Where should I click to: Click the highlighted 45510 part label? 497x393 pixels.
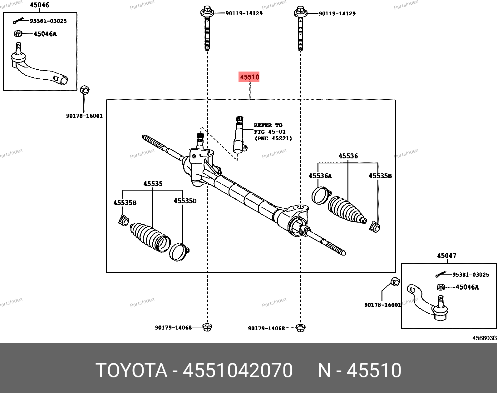[x=249, y=77]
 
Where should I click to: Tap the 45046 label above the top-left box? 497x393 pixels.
[x=40, y=5]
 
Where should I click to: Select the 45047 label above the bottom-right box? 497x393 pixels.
[x=447, y=256]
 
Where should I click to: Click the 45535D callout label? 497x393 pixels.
[x=185, y=201]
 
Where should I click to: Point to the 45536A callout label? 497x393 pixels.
[x=320, y=176]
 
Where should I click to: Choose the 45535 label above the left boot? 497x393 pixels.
[x=153, y=184]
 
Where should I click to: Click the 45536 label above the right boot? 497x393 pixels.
[x=348, y=156]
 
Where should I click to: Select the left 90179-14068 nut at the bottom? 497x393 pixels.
[x=207, y=327]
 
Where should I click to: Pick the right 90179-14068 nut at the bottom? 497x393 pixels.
[x=300, y=328]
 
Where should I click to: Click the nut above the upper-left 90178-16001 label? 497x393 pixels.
[x=85, y=90]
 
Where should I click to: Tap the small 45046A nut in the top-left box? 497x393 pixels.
[x=18, y=34]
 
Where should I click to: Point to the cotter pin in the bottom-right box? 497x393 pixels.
[x=440, y=274]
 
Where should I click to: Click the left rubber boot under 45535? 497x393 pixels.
[x=150, y=237]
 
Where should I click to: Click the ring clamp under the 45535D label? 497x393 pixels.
[x=179, y=252]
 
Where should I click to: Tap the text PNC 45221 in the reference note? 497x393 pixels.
[x=273, y=138]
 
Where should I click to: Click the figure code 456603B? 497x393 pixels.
[x=484, y=338]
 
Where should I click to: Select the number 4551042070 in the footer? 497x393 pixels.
[x=238, y=370]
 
